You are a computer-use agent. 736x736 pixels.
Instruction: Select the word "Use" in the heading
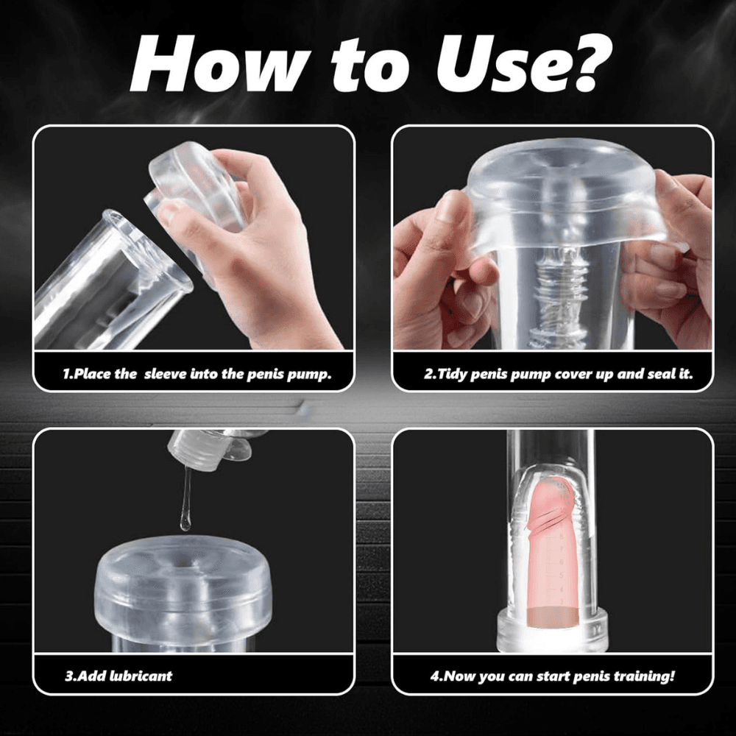pyautogui.click(x=488, y=65)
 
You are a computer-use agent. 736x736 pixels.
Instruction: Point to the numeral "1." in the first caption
pyautogui.click(x=68, y=374)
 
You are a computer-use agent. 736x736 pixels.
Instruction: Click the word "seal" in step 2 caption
pyautogui.click(x=663, y=374)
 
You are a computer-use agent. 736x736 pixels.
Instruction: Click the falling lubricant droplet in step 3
pyautogui.click(x=186, y=523)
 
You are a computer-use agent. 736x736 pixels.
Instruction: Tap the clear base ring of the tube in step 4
pyautogui.click(x=553, y=631)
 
